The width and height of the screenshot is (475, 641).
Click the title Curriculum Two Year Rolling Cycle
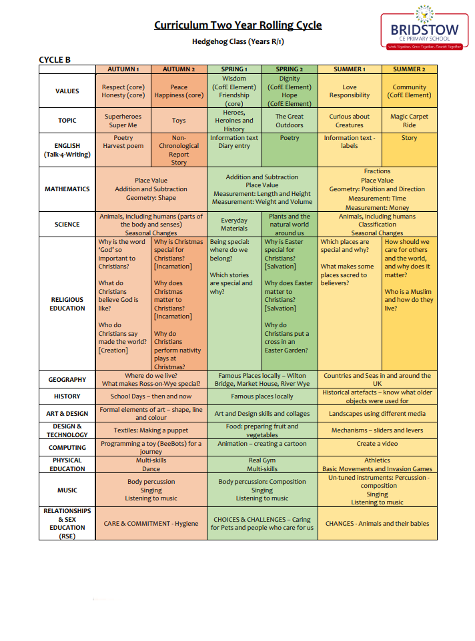point(238,25)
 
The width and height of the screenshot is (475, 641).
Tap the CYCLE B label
point(55,59)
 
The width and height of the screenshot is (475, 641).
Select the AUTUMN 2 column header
point(179,69)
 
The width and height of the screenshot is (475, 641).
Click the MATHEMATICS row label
point(67,189)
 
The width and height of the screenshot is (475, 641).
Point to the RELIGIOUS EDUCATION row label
point(67,304)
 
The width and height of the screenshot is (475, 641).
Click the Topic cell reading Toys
point(179,121)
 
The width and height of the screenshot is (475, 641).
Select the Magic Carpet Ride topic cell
point(409,121)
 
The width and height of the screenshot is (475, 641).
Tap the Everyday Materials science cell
point(234,225)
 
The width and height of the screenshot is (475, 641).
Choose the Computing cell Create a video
point(377,444)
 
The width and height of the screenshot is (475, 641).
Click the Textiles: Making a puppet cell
point(151,430)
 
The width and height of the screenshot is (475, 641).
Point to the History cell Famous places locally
point(262,396)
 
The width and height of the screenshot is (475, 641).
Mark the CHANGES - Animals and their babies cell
point(377,524)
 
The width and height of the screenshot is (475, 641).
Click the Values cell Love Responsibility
point(349,91)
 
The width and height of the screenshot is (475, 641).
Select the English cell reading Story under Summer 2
point(409,138)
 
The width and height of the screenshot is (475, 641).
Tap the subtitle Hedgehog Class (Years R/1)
point(238,42)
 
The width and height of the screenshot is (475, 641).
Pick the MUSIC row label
point(67,490)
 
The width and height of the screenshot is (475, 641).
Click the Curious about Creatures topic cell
point(349,121)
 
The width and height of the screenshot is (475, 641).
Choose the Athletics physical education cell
point(377,460)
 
